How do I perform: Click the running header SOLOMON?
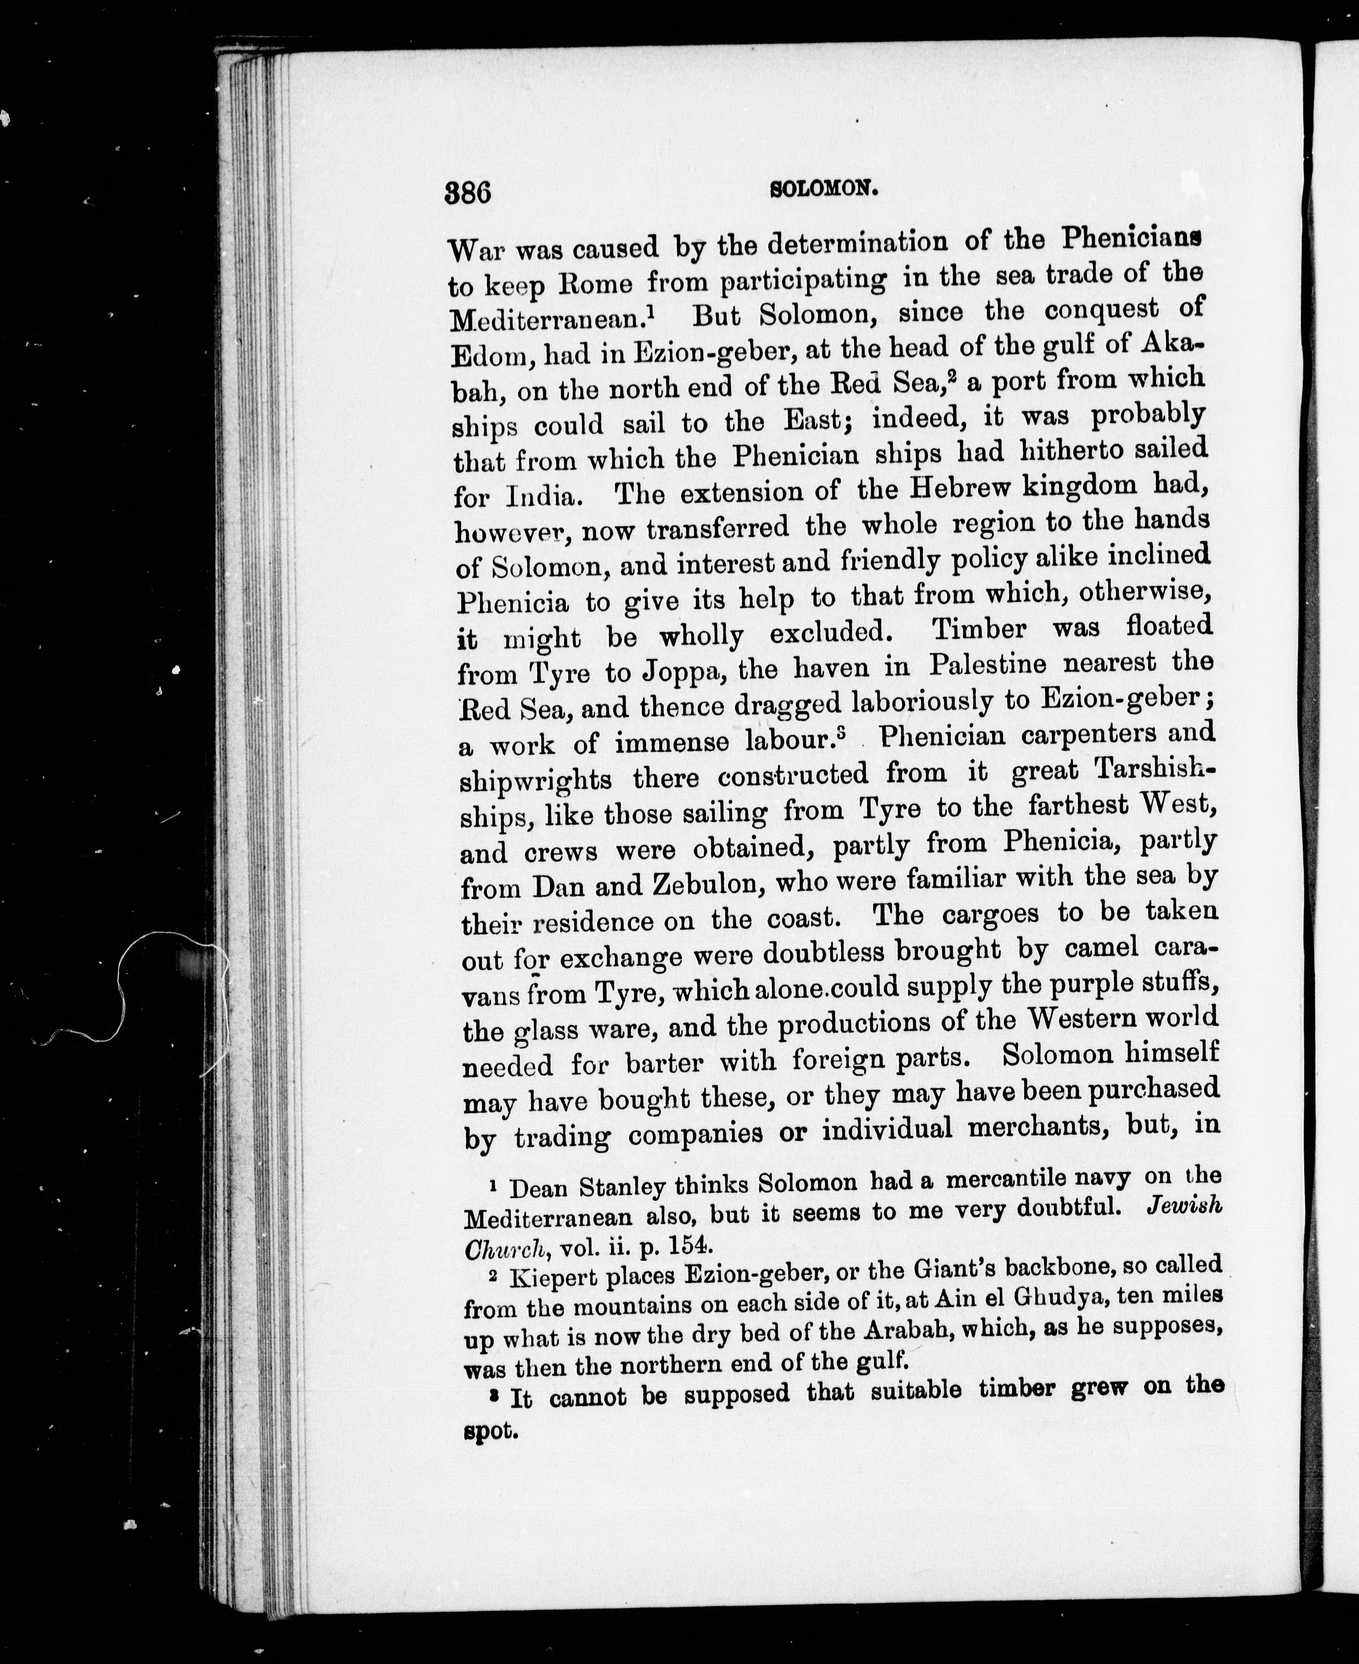click(x=822, y=189)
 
